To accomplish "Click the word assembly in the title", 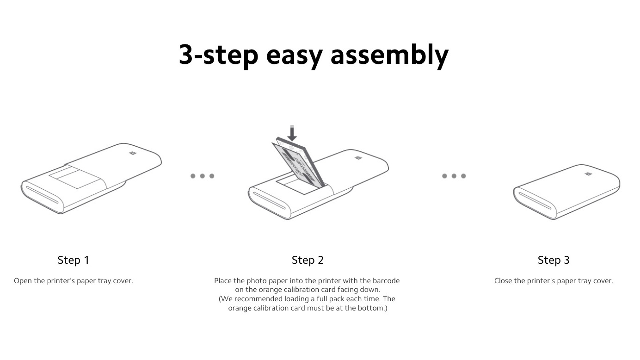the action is click(x=389, y=55).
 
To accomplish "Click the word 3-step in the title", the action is click(x=219, y=55).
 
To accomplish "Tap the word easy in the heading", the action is click(x=294, y=57).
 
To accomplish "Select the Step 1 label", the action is click(x=74, y=260).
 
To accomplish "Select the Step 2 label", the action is click(x=308, y=260).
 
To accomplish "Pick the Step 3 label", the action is click(x=554, y=260).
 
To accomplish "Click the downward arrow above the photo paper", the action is click(x=292, y=133).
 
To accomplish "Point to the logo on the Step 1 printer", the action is click(x=133, y=153).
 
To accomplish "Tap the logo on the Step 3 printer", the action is click(x=589, y=174).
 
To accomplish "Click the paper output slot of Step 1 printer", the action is click(x=42, y=195).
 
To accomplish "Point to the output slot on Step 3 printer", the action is click(x=535, y=201).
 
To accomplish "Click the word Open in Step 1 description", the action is click(x=23, y=281).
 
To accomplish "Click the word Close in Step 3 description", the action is click(x=503, y=281).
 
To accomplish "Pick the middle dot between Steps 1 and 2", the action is click(x=202, y=176).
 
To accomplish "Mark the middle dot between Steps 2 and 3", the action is click(x=454, y=176).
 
